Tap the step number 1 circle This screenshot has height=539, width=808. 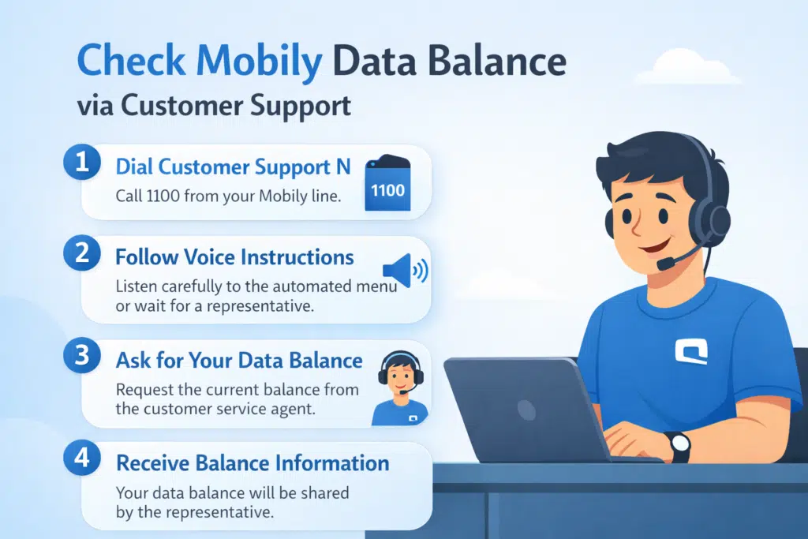(x=81, y=166)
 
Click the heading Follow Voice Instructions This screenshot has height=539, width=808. (x=234, y=257)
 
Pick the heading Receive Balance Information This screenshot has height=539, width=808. (x=252, y=462)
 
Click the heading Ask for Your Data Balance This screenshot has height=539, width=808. (x=239, y=361)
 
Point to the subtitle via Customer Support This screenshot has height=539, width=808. (x=215, y=106)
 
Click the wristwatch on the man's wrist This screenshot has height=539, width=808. (x=679, y=447)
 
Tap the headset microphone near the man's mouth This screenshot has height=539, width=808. (x=667, y=260)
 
